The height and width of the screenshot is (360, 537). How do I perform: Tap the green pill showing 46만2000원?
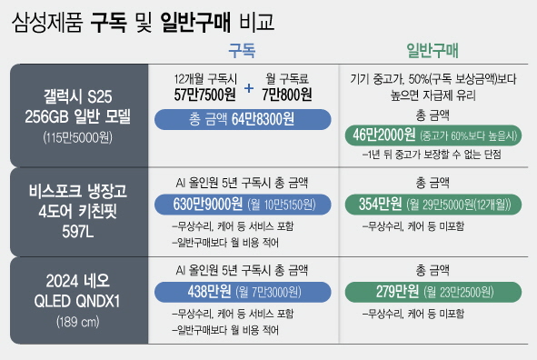432,135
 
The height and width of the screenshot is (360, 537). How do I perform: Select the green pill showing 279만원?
432,293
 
